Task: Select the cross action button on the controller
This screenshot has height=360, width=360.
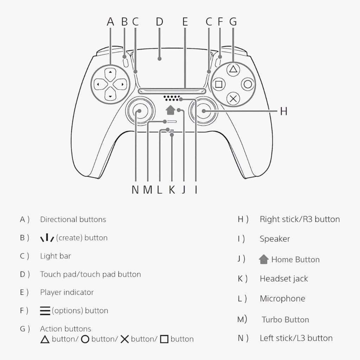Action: point(233,99)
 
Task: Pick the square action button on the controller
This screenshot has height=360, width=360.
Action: point(219,84)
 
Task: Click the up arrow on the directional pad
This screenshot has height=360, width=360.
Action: point(110,72)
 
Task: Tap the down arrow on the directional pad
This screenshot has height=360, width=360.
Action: point(110,96)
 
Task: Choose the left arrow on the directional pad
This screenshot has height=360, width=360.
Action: point(98,84)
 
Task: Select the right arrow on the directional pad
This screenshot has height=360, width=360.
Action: point(122,84)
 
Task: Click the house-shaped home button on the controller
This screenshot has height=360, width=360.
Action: point(171,110)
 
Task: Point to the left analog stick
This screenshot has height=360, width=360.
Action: point(139,111)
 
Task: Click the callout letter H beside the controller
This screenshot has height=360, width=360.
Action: point(284,111)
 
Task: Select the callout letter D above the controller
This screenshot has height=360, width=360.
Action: point(160,22)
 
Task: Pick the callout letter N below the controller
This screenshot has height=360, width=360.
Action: point(135,190)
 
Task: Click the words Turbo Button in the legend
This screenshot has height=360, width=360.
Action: point(285,320)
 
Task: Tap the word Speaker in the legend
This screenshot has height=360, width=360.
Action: point(275,239)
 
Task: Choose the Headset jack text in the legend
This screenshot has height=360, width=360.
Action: point(283,279)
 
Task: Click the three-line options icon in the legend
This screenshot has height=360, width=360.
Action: point(45,310)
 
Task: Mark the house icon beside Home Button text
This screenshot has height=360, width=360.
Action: point(263,260)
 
